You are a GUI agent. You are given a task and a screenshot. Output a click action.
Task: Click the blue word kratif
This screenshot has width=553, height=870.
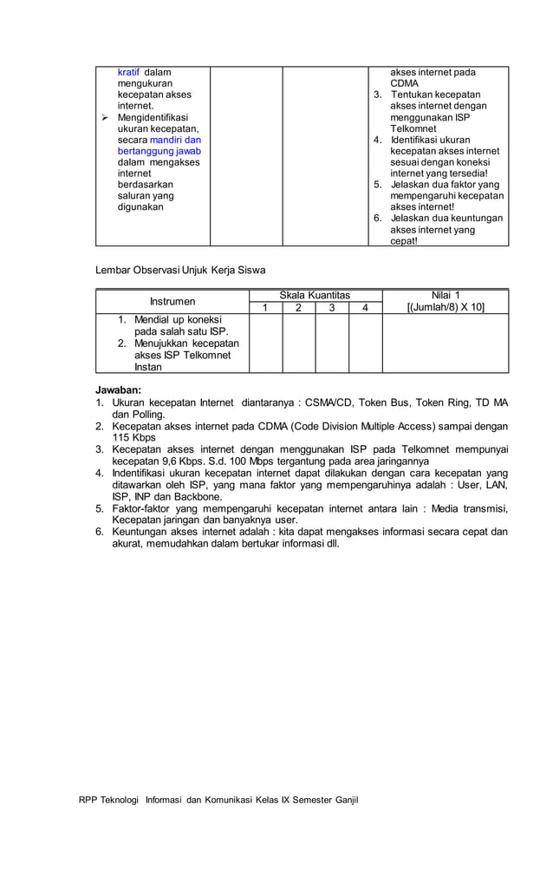click(128, 72)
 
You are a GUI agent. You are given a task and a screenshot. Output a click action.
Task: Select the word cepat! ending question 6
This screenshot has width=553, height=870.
click(404, 241)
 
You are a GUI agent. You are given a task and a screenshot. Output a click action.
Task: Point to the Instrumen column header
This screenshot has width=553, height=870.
click(172, 301)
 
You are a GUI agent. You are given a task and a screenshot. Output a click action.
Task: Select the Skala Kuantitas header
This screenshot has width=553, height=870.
click(316, 295)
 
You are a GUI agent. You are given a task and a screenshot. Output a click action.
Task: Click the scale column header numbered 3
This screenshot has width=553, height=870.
click(332, 307)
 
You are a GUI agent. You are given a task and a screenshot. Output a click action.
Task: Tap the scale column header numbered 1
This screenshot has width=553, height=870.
click(265, 307)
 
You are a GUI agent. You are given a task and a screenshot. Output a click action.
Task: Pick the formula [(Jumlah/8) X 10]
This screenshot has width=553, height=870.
click(446, 307)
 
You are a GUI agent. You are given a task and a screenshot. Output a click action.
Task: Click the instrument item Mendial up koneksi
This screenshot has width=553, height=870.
click(179, 319)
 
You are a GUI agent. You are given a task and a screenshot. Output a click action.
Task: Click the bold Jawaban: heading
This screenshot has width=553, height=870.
click(118, 390)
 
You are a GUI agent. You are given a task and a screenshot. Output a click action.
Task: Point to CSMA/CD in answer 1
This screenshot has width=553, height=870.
click(335, 402)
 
